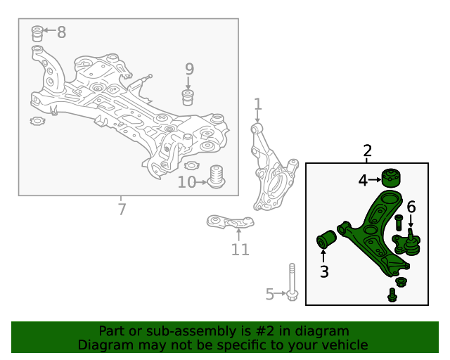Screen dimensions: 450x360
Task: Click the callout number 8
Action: tap(61, 32)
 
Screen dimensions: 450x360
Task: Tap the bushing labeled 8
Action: tap(37, 34)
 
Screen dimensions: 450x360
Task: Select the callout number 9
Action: tap(189, 69)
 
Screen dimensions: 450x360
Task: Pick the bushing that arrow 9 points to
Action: tap(188, 98)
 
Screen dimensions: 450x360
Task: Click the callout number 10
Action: tap(186, 182)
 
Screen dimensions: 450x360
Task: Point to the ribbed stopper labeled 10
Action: tap(216, 176)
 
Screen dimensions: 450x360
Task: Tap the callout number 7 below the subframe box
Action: tap(122, 210)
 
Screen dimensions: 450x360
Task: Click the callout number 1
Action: tap(258, 104)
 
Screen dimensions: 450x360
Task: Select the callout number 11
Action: tap(240, 250)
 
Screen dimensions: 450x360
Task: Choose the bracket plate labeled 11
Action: tap(230, 222)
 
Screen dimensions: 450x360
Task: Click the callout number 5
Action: tap(270, 294)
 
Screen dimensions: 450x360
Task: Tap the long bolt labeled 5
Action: tap(292, 282)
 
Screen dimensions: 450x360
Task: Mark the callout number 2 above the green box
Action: tap(367, 150)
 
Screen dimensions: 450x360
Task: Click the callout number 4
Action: tap(363, 180)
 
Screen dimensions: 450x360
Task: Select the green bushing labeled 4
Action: tap(391, 177)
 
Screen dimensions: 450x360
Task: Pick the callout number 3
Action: tap(324, 271)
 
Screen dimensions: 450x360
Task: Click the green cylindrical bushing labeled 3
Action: tap(326, 239)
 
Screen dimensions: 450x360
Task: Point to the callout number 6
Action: tap(411, 207)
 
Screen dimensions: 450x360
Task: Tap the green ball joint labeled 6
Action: tap(407, 242)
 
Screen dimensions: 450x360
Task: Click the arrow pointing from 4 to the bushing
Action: tap(375, 180)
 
